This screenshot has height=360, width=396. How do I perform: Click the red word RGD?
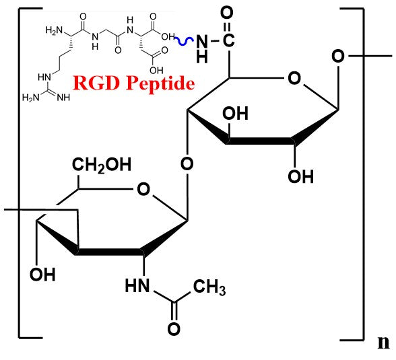[96, 83]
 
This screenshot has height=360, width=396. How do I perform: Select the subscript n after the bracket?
[383, 343]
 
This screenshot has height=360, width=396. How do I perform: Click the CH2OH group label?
[102, 165]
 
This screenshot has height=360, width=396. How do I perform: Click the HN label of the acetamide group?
[137, 285]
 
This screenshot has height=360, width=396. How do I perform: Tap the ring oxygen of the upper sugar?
[294, 79]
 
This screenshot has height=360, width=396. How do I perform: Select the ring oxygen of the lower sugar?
[143, 189]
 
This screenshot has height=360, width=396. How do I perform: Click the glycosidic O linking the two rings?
[187, 164]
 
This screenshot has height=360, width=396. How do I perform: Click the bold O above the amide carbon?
[227, 13]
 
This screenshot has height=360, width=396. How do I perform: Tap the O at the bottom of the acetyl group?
[174, 329]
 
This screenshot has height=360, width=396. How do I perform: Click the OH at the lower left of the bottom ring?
[42, 275]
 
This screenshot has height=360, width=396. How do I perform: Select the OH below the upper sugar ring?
[301, 176]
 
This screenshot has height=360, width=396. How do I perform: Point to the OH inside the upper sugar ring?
[236, 113]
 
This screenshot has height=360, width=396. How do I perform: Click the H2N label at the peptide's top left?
[54, 30]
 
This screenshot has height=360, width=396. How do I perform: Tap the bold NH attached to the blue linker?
[202, 49]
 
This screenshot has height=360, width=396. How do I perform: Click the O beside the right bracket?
[338, 57]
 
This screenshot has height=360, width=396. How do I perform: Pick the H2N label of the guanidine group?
[30, 98]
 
